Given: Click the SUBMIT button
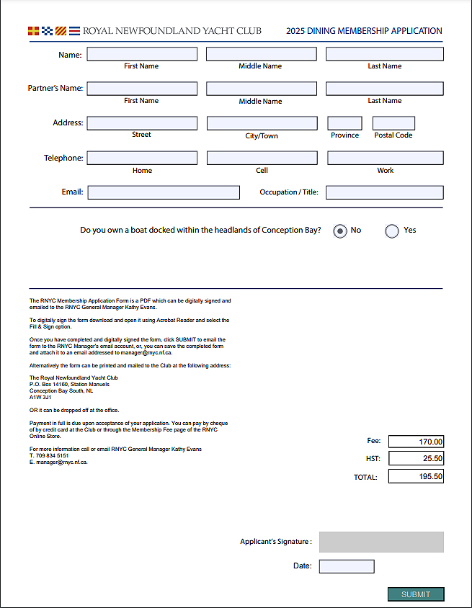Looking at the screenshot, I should [416, 594].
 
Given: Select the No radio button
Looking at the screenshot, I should [340, 231].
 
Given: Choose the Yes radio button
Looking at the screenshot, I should [392, 231].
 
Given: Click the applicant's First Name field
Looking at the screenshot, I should [142, 54].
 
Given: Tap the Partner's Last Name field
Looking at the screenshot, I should [385, 89].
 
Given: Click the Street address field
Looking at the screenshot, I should [142, 123].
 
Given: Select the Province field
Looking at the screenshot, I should [345, 123].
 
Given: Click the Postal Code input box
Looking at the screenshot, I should [393, 123].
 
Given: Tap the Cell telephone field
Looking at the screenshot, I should [262, 158].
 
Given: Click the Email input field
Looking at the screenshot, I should [164, 192].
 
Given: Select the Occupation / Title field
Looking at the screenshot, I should [385, 192].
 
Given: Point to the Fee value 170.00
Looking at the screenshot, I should [416, 442].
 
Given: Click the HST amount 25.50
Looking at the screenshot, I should [416, 458].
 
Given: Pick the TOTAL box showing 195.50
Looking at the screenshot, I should [416, 476].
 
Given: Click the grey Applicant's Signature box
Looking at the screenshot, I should [381, 542].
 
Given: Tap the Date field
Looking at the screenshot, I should [347, 566].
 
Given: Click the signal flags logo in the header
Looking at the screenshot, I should [53, 31].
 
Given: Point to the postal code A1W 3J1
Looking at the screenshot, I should [40, 397].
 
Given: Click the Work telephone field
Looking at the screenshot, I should [386, 158].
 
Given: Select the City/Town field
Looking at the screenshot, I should [262, 123].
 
